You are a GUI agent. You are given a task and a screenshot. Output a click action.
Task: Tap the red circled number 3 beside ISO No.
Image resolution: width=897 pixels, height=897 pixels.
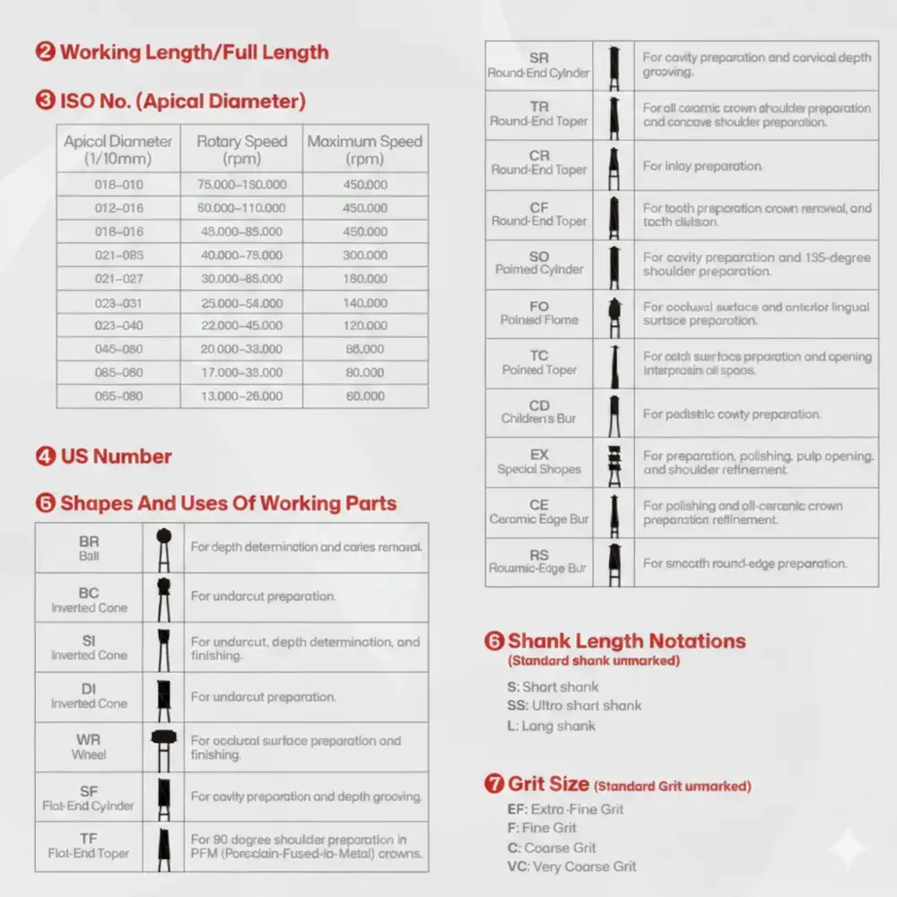pyautogui.click(x=46, y=100)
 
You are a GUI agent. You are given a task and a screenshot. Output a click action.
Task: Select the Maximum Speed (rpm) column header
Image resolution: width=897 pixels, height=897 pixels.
pyautogui.click(x=365, y=149)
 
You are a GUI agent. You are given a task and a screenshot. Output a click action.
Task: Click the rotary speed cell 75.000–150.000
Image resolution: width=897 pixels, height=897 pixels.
pyautogui.click(x=241, y=184)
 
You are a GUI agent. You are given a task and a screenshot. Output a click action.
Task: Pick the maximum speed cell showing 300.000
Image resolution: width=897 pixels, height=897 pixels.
pyautogui.click(x=365, y=255)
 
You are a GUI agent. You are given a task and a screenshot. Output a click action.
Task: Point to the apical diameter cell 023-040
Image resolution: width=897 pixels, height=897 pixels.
pyautogui.click(x=118, y=326)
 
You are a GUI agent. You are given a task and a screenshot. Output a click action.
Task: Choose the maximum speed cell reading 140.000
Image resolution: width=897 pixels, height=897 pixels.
pyautogui.click(x=365, y=303)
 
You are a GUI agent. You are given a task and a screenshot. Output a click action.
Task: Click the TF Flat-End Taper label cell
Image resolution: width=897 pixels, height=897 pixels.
pyautogui.click(x=89, y=846)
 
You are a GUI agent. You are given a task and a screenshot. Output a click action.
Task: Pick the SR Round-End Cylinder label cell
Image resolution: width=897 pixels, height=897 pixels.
pyautogui.click(x=539, y=65)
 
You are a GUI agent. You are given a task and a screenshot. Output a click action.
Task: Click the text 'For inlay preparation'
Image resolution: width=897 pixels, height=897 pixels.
pyautogui.click(x=702, y=166)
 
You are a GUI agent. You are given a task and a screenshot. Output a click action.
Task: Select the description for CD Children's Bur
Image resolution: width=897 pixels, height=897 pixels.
pyautogui.click(x=731, y=414)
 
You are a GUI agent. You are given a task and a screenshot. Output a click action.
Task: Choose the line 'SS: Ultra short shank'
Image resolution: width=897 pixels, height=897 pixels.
pyautogui.click(x=574, y=706)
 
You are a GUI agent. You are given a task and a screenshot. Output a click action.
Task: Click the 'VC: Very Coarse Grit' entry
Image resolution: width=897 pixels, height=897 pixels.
pyautogui.click(x=571, y=867)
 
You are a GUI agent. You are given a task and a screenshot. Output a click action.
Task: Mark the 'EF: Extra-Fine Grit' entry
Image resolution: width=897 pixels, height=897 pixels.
pyautogui.click(x=565, y=809)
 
